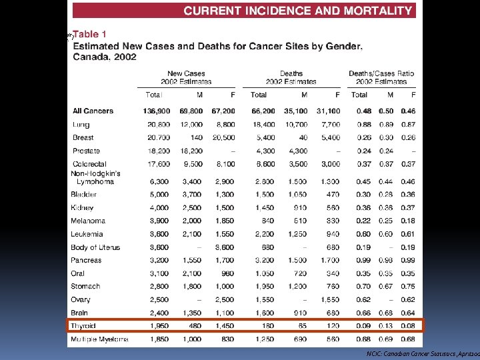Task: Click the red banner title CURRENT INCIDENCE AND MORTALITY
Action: point(297,11)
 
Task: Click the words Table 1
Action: point(93,34)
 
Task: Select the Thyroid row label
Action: point(84,326)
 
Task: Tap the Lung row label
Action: point(81,125)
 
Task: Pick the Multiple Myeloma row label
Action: point(100,339)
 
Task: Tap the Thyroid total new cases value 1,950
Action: point(159,326)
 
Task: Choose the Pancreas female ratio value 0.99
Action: point(408,260)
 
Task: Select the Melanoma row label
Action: point(88,221)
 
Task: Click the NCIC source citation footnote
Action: point(423,353)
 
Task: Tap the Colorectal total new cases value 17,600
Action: point(157,164)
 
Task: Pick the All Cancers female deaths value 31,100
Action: point(327,111)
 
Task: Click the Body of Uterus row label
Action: point(95,247)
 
